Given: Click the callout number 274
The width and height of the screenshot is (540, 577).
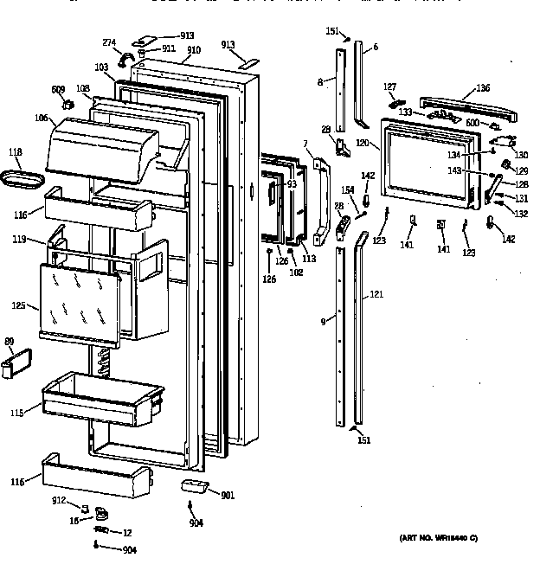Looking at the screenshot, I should tap(109, 42).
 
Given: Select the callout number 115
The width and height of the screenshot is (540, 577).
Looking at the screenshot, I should tap(16, 413).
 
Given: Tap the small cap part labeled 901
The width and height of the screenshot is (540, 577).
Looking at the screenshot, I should tap(196, 486).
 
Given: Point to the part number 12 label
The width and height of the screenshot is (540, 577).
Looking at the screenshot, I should tap(126, 531).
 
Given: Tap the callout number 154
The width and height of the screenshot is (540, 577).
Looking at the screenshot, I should tap(347, 189).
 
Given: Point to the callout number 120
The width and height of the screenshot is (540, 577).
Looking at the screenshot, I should tap(362, 141).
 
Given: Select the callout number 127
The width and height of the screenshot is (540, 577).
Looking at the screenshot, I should tap(390, 87).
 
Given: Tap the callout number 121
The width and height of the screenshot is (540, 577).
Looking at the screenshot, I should tap(376, 295).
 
